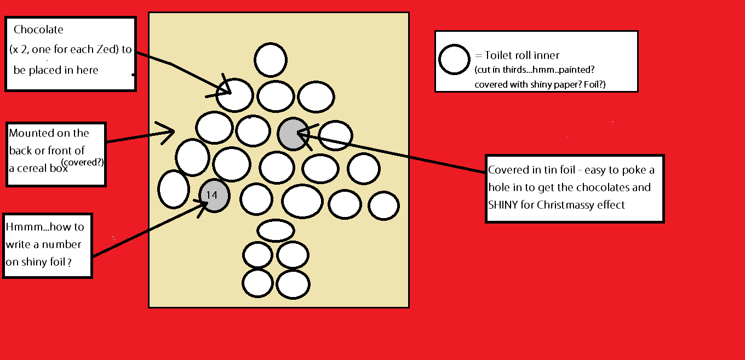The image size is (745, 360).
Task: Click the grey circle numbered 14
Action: (x=214, y=195)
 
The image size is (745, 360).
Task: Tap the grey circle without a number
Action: (x=294, y=134)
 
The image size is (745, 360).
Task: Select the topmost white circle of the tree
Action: (x=271, y=60)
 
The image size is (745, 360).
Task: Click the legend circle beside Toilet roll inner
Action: (x=455, y=59)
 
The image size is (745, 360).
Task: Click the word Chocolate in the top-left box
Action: (x=38, y=30)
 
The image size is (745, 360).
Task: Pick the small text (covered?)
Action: (x=83, y=162)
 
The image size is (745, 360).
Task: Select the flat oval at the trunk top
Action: (x=276, y=230)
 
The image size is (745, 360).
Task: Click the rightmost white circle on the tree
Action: (x=383, y=206)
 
